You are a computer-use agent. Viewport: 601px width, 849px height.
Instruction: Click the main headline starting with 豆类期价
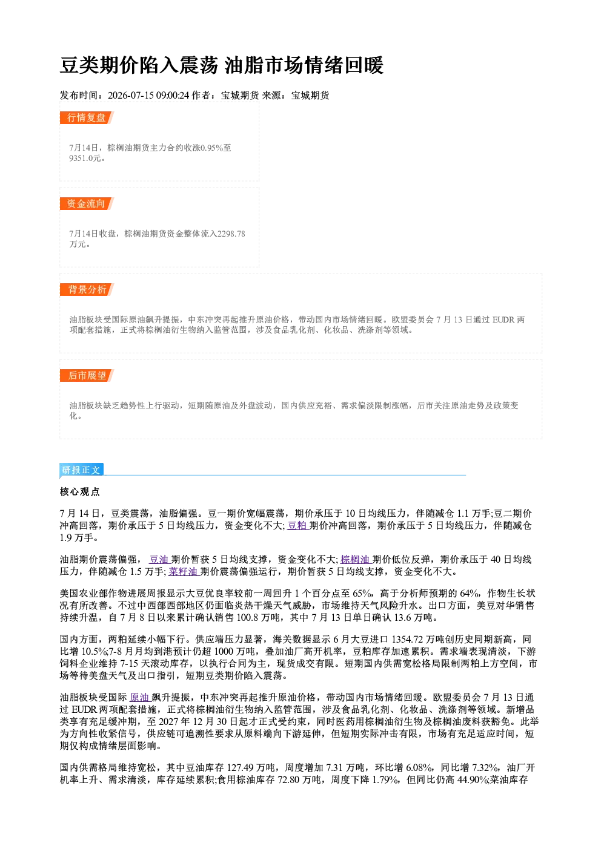(222, 65)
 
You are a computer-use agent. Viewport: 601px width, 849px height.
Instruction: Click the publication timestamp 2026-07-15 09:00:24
(148, 95)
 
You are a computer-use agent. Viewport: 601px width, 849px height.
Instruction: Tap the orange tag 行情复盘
(86, 117)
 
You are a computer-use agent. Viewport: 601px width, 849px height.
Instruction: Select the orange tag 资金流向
(86, 203)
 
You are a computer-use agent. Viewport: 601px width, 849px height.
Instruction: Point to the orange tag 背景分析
(86, 290)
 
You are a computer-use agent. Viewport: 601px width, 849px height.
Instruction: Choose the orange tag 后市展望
(86, 376)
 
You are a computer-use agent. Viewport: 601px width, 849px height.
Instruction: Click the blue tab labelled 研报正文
(81, 470)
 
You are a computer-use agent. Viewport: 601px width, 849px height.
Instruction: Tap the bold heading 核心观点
(80, 492)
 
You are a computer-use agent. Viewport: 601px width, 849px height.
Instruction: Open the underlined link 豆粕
(297, 525)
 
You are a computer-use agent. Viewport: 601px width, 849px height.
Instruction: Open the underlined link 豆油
(159, 559)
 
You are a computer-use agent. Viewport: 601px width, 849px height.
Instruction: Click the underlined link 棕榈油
(356, 559)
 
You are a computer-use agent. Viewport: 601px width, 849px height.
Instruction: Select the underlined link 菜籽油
(184, 572)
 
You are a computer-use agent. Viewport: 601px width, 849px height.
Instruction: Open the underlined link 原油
(139, 697)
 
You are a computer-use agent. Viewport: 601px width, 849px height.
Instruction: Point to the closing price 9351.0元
(85, 158)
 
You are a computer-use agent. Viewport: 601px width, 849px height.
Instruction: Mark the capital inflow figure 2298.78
(231, 234)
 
